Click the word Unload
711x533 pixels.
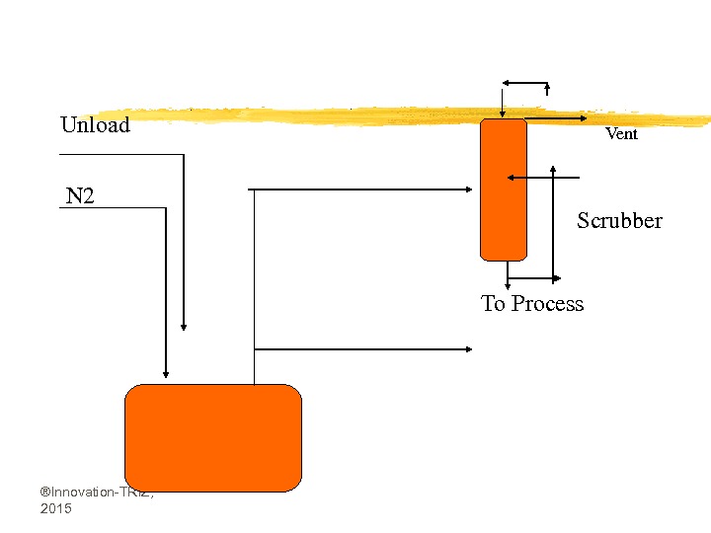[95, 125]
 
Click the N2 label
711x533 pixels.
[80, 196]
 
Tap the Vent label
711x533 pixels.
[621, 134]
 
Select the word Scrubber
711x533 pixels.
[619, 221]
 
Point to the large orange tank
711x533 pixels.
[212, 437]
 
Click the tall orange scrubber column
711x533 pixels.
[504, 189]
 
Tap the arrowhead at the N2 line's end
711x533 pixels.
[166, 373]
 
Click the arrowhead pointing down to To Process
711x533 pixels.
[508, 282]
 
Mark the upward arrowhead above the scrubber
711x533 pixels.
[547, 88]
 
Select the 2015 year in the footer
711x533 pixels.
[56, 508]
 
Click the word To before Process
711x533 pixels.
[493, 304]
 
